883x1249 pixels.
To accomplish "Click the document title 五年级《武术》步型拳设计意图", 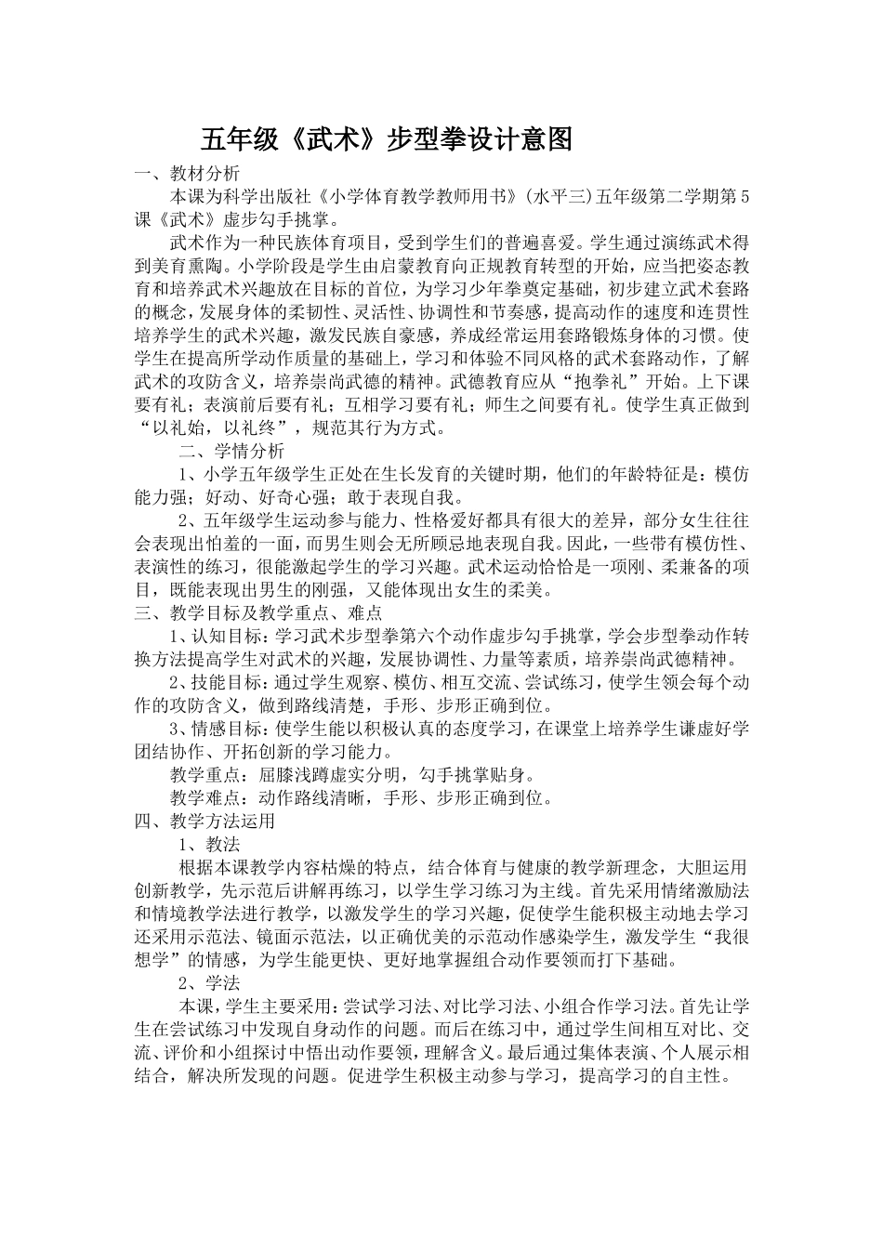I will (x=386, y=140).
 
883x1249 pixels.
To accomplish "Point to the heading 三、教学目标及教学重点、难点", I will (x=257, y=613).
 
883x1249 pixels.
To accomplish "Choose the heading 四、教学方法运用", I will (x=204, y=821).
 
